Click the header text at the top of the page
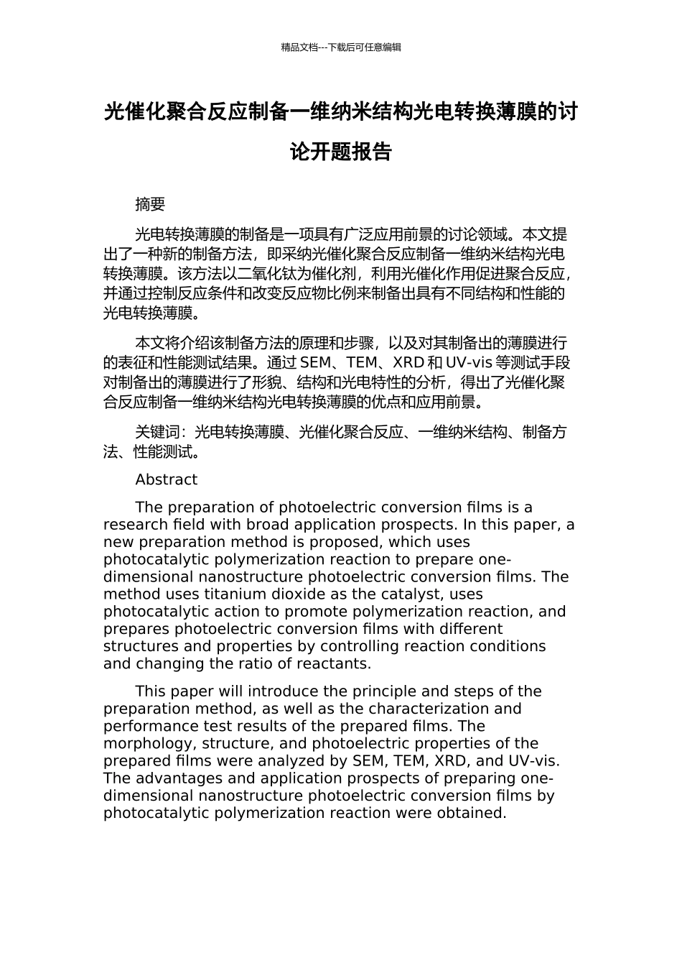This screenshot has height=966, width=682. tap(341, 47)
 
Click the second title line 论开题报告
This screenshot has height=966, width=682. tap(341, 152)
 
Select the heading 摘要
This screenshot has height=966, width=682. tap(150, 205)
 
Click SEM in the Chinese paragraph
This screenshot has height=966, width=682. tap(314, 362)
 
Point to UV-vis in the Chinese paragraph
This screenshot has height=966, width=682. tap(469, 362)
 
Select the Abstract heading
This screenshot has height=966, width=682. tap(166, 480)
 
